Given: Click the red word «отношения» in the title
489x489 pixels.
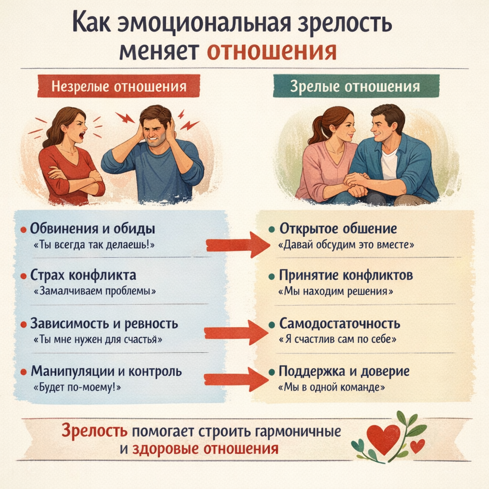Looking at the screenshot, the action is (x=272, y=51).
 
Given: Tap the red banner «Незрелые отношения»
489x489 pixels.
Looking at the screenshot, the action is (x=118, y=87).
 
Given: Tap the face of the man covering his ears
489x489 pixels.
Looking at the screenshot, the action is (x=154, y=131).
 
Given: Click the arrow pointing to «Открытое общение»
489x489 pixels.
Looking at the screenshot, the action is (x=237, y=244).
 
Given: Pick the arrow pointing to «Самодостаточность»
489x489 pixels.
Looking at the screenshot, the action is (x=235, y=331).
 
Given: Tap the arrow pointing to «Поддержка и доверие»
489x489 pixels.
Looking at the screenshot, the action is (x=235, y=379).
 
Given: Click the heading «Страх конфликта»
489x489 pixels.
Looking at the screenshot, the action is (x=83, y=276).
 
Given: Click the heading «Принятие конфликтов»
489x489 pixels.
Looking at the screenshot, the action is (x=346, y=276).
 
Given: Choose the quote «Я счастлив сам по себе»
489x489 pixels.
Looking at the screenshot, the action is (x=338, y=340).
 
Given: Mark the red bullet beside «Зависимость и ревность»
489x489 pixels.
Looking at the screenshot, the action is (x=23, y=324).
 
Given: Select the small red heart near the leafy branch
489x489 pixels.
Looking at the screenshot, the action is (x=417, y=446).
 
